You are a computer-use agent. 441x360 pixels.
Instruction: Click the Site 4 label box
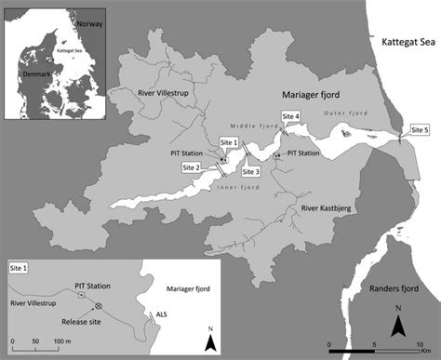point(291,116)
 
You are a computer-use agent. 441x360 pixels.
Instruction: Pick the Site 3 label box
point(251,171)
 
